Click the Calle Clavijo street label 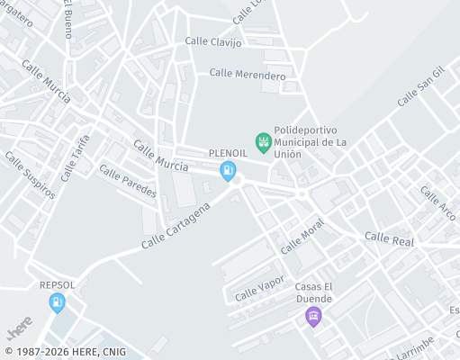[x=213, y=42]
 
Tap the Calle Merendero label [x=247, y=75]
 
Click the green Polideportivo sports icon [x=263, y=140]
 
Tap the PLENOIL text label [x=228, y=154]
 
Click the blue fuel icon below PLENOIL [x=230, y=170]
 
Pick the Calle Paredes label [x=127, y=181]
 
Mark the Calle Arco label [x=437, y=204]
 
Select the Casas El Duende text [x=313, y=292]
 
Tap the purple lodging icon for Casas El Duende [x=313, y=315]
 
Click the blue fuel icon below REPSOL [x=57, y=301]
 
